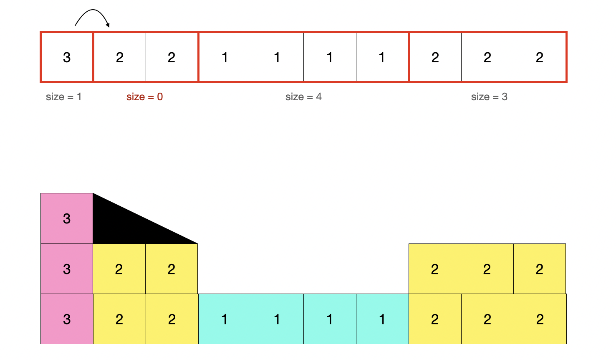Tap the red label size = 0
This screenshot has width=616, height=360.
144,97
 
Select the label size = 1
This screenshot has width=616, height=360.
63,97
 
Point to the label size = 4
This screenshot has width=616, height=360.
303,97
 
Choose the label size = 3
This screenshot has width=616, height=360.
489,97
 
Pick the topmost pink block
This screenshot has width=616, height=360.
67,218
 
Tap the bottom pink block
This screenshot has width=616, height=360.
67,319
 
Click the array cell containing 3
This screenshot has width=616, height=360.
67,57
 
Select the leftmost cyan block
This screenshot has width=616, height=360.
225,319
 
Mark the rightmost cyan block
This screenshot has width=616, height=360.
382,319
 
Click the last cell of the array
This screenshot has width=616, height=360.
540,57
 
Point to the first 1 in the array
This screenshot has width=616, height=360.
225,57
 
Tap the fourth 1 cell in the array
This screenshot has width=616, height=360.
382,57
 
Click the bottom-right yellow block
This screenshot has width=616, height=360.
540,319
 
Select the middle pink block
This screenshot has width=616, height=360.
67,269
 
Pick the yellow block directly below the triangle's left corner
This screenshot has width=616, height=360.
119,269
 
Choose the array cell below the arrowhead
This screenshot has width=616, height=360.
119,57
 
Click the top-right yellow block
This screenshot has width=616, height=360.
540,269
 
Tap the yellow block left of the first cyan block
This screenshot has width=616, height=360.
172,319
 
